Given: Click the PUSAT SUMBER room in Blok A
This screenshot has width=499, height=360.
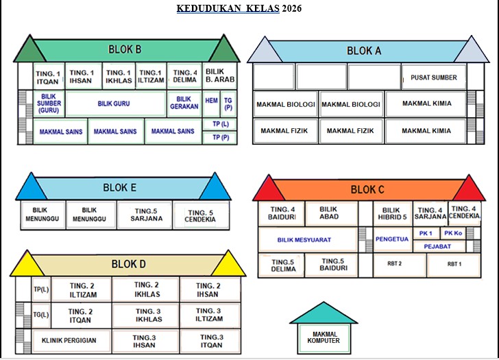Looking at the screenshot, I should (x=434, y=77).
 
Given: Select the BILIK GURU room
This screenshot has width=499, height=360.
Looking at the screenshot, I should (x=114, y=104).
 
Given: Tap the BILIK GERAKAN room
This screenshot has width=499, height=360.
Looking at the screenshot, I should (x=184, y=104).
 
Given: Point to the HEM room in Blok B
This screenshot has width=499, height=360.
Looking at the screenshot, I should (x=211, y=101).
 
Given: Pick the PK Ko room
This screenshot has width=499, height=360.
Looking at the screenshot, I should (x=452, y=233).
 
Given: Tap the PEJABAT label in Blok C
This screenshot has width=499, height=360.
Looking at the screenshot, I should (x=437, y=245).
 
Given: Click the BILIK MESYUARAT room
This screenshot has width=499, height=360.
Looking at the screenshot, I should (x=304, y=240).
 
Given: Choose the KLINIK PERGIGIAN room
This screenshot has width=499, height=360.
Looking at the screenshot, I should (x=69, y=340).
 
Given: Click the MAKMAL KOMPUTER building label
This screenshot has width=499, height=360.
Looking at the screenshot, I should (x=322, y=337).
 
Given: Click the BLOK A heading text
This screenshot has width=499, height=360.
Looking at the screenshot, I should (x=364, y=51).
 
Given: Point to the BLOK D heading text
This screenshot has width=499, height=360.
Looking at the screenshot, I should (x=129, y=264).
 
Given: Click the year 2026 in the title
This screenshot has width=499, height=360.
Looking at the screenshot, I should (x=292, y=9).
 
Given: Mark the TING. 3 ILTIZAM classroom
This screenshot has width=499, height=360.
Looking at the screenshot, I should (x=209, y=315).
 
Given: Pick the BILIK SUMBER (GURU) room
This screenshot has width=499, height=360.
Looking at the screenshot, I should (x=49, y=103).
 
